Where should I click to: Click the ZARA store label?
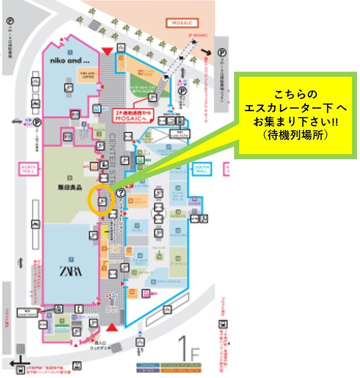72,269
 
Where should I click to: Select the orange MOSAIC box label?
183,23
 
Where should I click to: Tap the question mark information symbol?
120,193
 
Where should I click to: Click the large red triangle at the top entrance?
107,50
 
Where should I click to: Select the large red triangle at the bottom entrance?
112,327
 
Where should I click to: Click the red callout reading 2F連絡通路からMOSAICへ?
137,115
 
